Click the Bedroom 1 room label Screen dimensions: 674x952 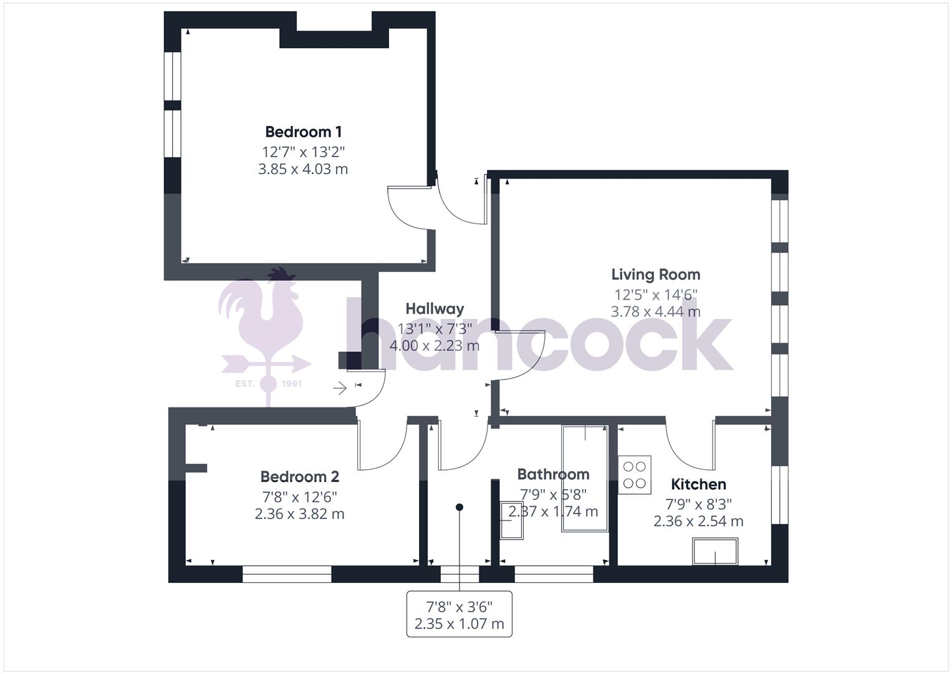click(x=303, y=132)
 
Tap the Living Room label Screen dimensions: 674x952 click(x=655, y=275)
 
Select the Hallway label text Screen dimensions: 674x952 click(x=435, y=308)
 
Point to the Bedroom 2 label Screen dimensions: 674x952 click(x=299, y=477)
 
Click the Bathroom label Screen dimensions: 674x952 click(x=553, y=474)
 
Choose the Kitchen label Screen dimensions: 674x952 click(x=698, y=484)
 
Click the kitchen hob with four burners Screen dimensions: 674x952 click(x=635, y=475)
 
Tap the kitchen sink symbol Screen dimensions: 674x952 click(x=715, y=552)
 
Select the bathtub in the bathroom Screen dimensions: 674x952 click(x=585, y=479)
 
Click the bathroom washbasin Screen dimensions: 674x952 click(x=512, y=519)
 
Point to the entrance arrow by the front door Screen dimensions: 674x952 click(x=340, y=389)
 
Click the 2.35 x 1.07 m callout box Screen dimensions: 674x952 click(x=459, y=614)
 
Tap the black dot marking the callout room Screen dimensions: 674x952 click(x=459, y=507)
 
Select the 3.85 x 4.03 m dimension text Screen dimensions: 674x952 click(x=303, y=169)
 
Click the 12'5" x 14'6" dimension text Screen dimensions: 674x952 click(x=655, y=294)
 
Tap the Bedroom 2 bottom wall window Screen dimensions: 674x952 click(x=287, y=574)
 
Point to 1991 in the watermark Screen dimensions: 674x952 click(x=291, y=383)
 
